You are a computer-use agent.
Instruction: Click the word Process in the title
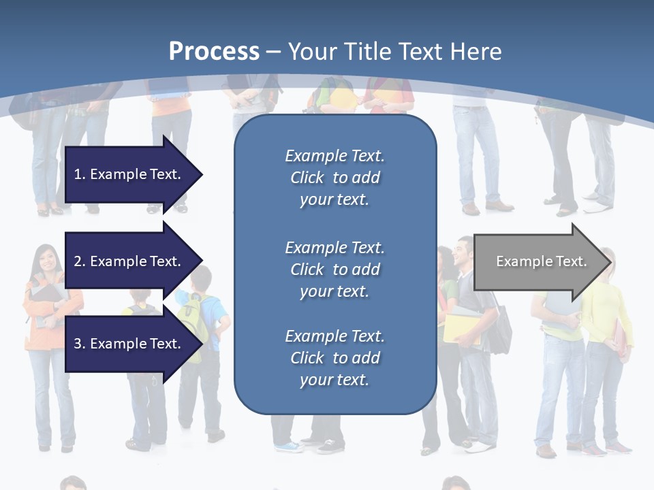pyautogui.click(x=214, y=52)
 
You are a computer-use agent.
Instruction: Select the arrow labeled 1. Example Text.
pyautogui.click(x=129, y=174)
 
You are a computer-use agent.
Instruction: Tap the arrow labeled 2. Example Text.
pyautogui.click(x=129, y=261)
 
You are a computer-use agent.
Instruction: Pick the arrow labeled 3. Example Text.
pyautogui.click(x=129, y=344)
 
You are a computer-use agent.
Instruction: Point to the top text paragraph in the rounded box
pyautogui.click(x=334, y=178)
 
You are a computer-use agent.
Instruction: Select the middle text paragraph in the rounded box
pyautogui.click(x=334, y=269)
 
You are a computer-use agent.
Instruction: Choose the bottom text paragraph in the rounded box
pyautogui.click(x=334, y=358)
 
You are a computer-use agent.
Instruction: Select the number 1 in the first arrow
pyautogui.click(x=78, y=174)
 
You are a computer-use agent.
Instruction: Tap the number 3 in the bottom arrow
pyautogui.click(x=78, y=344)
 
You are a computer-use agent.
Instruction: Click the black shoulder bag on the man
pyautogui.click(x=501, y=327)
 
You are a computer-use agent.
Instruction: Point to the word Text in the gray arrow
pyautogui.click(x=572, y=261)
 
